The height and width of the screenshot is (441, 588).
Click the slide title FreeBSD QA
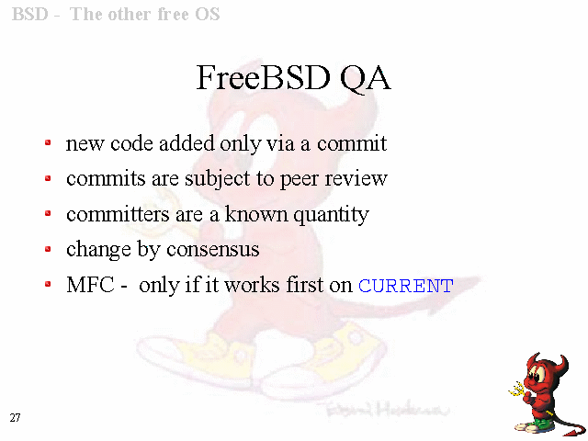pos(294,77)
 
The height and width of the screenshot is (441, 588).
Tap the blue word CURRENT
pos(406,286)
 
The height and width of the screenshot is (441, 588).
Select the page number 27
pos(15,418)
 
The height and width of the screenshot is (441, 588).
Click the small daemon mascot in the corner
pos(547,394)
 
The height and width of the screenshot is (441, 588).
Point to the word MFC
pos(90,285)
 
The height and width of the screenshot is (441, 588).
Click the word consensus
pos(212,249)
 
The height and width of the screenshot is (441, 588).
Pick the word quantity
pos(331,215)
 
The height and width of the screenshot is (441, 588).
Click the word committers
pos(118,214)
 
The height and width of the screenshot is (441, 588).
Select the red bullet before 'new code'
pos(48,142)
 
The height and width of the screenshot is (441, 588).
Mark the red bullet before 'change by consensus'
pos(48,249)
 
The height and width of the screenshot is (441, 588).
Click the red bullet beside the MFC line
pos(48,284)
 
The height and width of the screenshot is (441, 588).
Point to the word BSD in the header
pos(30,15)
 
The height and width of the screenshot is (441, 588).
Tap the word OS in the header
pos(207,15)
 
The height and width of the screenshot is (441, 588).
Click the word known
pos(256,214)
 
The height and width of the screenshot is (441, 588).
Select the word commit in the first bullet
pos(352,143)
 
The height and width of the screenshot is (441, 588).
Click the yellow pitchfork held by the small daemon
pos(518,390)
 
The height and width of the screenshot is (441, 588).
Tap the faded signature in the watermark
pos(386,410)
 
